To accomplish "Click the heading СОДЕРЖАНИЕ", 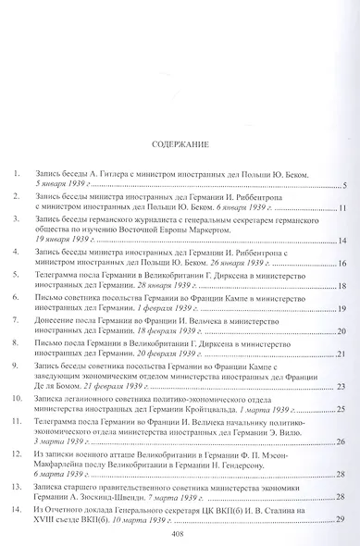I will click(x=180, y=144).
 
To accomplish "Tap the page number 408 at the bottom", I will click(x=180, y=533).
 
